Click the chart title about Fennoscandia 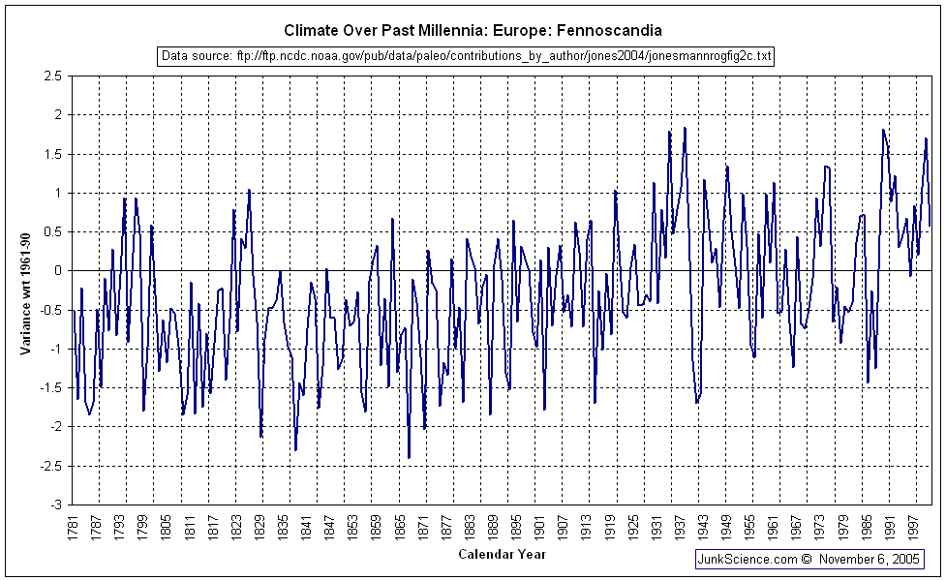(x=473, y=30)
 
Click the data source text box (x=466, y=56)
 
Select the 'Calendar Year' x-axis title (x=502, y=555)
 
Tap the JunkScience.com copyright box (x=809, y=559)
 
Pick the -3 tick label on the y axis (x=57, y=505)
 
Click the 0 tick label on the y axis (x=58, y=271)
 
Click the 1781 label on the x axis (x=74, y=528)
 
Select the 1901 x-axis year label (x=540, y=528)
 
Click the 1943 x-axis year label (x=704, y=528)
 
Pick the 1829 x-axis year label (x=260, y=528)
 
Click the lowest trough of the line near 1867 (x=409, y=458)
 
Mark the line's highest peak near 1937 (x=685, y=127)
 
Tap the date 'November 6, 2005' (x=869, y=559)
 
